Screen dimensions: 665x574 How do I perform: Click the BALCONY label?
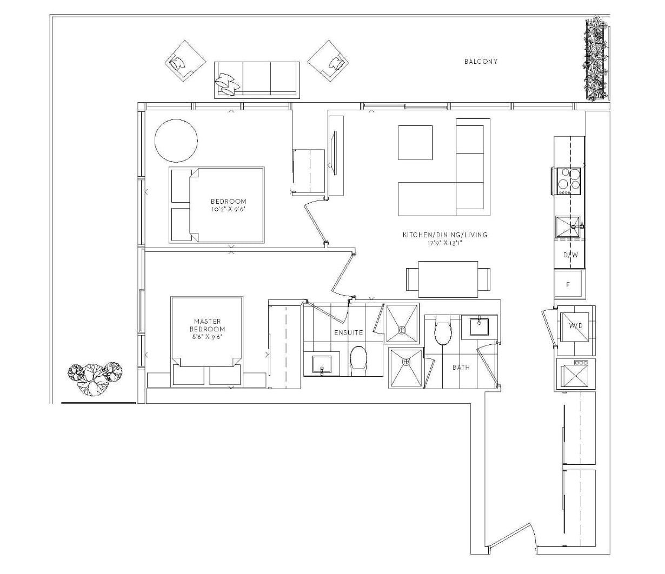pyautogui.click(x=481, y=61)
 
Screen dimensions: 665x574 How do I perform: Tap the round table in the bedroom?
pyautogui.click(x=176, y=141)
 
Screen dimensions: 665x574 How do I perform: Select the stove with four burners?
pyautogui.click(x=567, y=181)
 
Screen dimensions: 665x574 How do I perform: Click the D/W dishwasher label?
pyautogui.click(x=570, y=255)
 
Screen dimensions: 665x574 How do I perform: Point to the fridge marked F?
pyautogui.click(x=568, y=285)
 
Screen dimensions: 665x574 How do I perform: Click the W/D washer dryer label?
pyautogui.click(x=576, y=326)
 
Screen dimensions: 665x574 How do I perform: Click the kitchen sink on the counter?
pyautogui.click(x=568, y=226)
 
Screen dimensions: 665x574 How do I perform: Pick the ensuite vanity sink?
pyautogui.click(x=322, y=364)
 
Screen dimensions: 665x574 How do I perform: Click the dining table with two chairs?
pyautogui.click(x=448, y=279)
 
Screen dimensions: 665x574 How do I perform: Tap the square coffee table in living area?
pyautogui.click(x=415, y=143)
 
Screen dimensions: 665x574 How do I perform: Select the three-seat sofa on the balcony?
pyautogui.click(x=257, y=80)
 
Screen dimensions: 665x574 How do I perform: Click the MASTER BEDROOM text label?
pyautogui.click(x=207, y=325)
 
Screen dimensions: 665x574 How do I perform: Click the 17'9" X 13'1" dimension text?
pyautogui.click(x=445, y=243)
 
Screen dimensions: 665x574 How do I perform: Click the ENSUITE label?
pyautogui.click(x=348, y=333)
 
